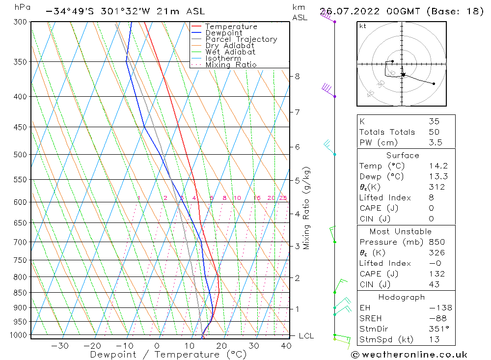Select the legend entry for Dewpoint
(x=223, y=33)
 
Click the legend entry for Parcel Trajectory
(x=241, y=39)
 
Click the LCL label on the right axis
(x=306, y=336)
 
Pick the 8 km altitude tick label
(x=297, y=76)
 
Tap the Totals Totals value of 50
(x=434, y=132)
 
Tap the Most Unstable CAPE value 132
(x=436, y=274)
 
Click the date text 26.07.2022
(x=347, y=11)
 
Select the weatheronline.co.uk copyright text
(x=409, y=355)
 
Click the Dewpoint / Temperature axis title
(x=168, y=355)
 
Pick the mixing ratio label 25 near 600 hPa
(x=283, y=198)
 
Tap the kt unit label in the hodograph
(x=362, y=26)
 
